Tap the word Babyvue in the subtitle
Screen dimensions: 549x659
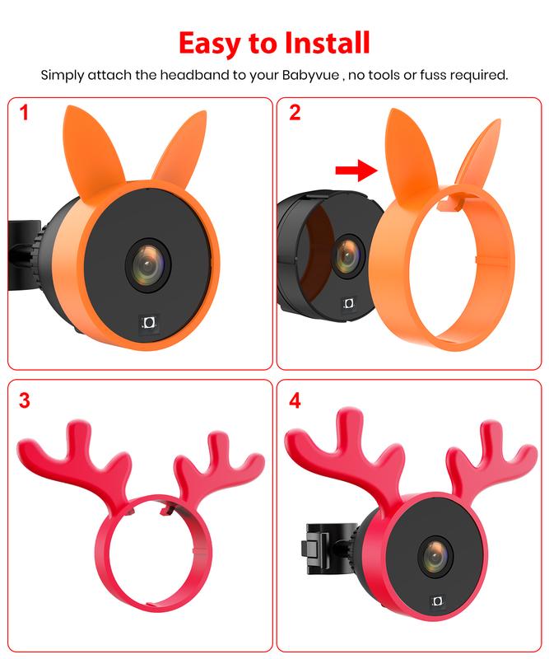[x=310, y=76]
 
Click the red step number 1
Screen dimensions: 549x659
[x=24, y=113]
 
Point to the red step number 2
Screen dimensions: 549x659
[x=295, y=112]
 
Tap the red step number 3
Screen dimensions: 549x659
[x=25, y=400]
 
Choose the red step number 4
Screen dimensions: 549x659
[x=295, y=400]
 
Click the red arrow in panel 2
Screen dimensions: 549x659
[x=356, y=170]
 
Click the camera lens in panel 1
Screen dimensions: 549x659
[x=148, y=264]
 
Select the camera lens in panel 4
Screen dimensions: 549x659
[x=436, y=555]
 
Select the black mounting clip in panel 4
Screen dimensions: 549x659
[x=323, y=548]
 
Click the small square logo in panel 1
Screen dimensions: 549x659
[x=150, y=323]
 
